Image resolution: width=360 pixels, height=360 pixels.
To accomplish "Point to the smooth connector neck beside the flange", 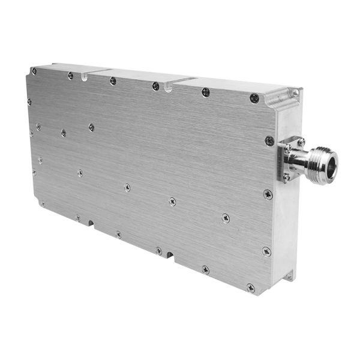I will pyautogui.click(x=303, y=160).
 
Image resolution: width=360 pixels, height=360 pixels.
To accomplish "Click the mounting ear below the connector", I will pyautogui.click(x=290, y=276).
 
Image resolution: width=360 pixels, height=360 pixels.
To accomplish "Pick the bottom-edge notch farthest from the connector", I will pyautogui.click(x=91, y=224).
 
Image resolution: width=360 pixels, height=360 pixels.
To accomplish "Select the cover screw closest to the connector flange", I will pyautogui.click(x=269, y=141).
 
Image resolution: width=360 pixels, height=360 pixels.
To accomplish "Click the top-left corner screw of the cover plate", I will pyautogui.click(x=34, y=71).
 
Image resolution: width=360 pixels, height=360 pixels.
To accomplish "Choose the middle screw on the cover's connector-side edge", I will pyautogui.click(x=268, y=194).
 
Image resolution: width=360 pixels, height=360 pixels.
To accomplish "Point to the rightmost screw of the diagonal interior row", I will pyautogui.click(x=225, y=218).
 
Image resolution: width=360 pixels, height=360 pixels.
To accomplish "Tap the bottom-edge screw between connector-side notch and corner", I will pyautogui.click(x=205, y=270).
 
